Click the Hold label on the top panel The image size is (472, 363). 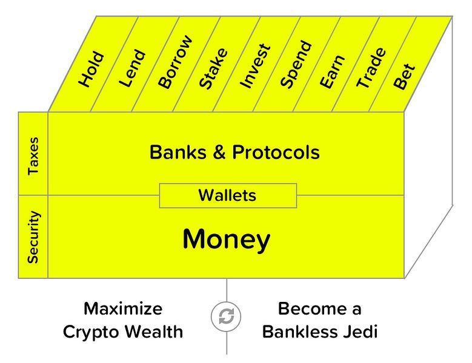pyautogui.click(x=92, y=71)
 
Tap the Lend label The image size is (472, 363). pyautogui.click(x=133, y=70)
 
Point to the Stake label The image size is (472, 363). pyautogui.click(x=214, y=69)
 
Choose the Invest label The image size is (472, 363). pyautogui.click(x=254, y=67)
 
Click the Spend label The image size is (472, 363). pyautogui.click(x=296, y=65)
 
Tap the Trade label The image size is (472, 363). pyautogui.click(x=371, y=68)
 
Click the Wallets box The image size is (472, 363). pyautogui.click(x=228, y=195)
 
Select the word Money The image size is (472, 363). pyautogui.click(x=226, y=240)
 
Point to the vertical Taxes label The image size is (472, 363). pyautogui.click(x=33, y=155)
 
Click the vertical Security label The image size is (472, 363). pyautogui.click(x=33, y=237)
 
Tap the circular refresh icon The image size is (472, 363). pyautogui.click(x=227, y=316)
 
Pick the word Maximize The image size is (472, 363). pyautogui.click(x=123, y=310)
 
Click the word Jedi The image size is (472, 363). pyautogui.click(x=359, y=332)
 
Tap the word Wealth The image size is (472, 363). pyautogui.click(x=156, y=332)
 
